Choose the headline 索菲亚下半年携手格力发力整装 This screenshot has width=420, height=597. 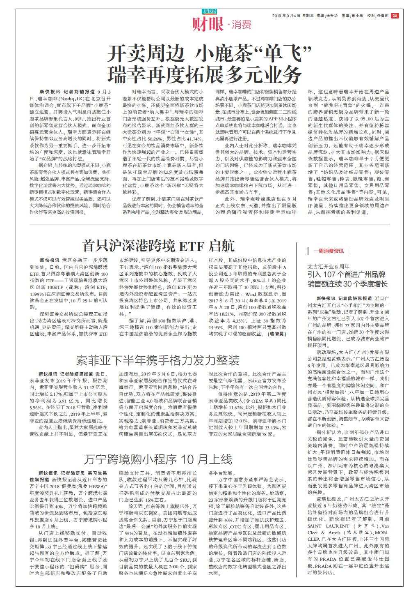tap(158, 361)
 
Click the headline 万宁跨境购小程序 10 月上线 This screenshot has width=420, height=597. tap(158, 459)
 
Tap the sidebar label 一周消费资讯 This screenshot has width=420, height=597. tap(329, 251)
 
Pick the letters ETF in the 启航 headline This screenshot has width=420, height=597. tap(192, 246)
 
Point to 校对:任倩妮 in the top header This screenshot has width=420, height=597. tap(378, 16)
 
